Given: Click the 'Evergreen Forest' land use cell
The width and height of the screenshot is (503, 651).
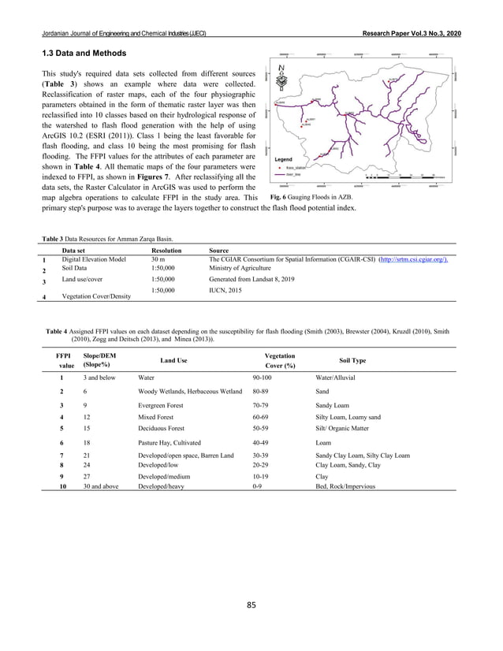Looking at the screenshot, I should pyautogui.click(x=163, y=402).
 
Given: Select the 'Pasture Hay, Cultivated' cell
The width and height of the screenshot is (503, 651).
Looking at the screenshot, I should pyautogui.click(x=170, y=444).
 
